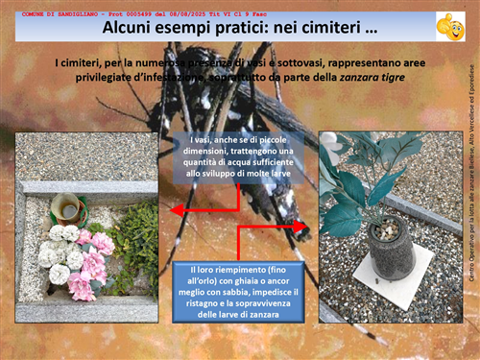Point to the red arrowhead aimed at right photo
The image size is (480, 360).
(x=305, y=227)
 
